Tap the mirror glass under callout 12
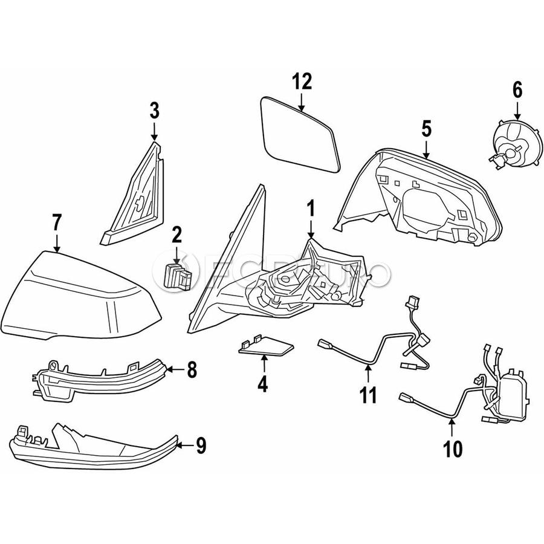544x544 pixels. point(299,135)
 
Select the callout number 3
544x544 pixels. point(154,111)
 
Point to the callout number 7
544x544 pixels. point(57,222)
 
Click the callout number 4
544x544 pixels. point(263,383)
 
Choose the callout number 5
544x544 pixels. point(426,128)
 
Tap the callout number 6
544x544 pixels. point(517,90)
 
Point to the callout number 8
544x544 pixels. point(192,369)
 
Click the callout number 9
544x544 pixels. point(201,446)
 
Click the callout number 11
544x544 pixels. point(369,395)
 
